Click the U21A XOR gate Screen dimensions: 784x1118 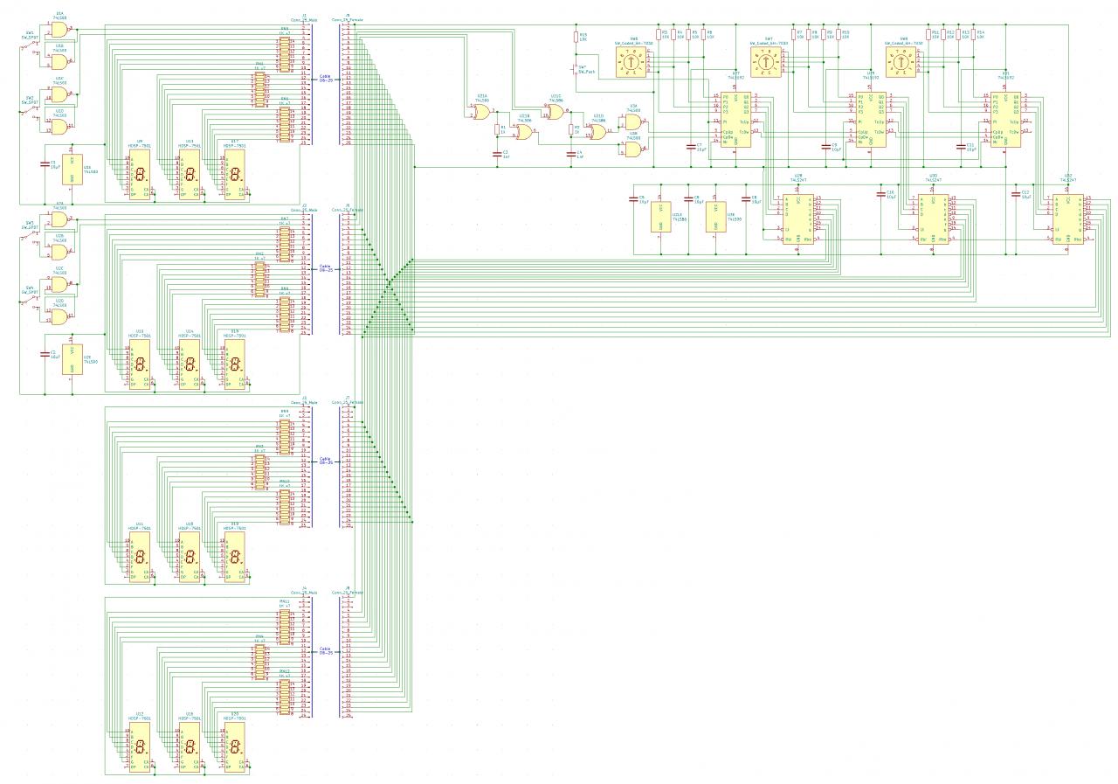[x=482, y=111]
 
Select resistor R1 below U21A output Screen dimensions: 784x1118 [x=498, y=129]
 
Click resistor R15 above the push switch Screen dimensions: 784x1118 [x=576, y=37]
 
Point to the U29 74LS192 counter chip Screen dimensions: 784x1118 [x=871, y=119]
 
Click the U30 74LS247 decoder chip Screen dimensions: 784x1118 [x=934, y=219]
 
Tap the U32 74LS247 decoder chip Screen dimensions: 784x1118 [x=1068, y=219]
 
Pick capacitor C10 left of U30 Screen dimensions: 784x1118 [x=880, y=194]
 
